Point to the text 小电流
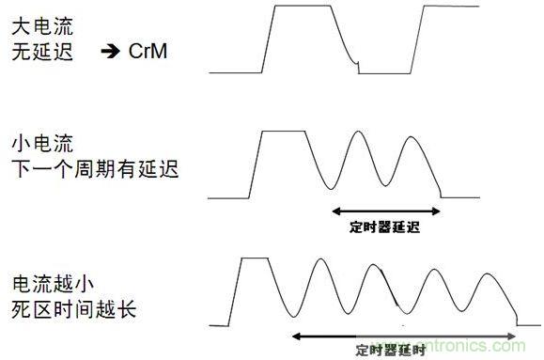[x=39, y=145]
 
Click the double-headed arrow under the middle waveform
[x=386, y=210]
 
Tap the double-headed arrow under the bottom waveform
[x=404, y=335]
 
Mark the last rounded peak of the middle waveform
[x=410, y=139]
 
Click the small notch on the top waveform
[x=357, y=66]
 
